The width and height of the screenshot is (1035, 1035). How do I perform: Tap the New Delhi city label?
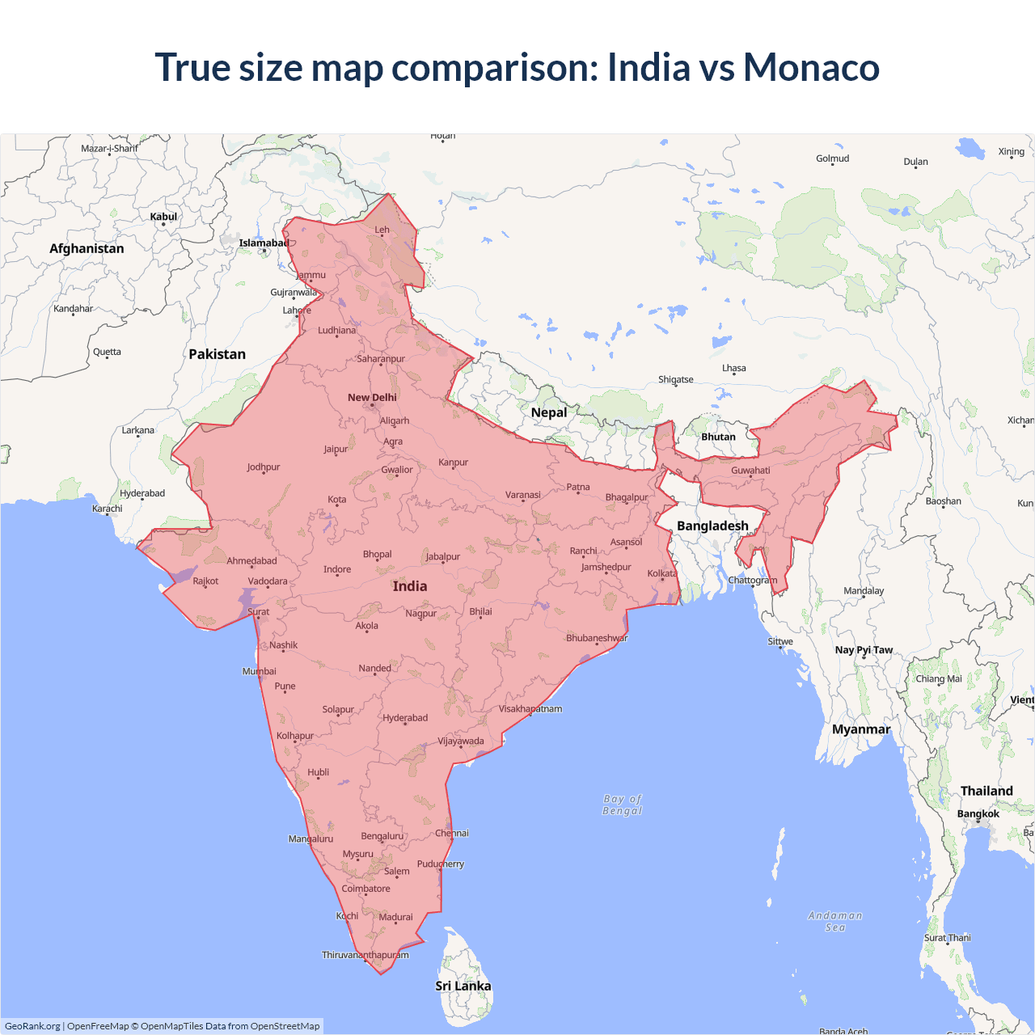tap(372, 397)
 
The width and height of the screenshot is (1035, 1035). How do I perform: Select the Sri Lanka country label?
tap(463, 986)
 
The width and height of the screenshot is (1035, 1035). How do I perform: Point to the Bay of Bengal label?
tap(622, 805)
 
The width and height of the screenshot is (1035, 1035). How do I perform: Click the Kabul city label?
tap(163, 217)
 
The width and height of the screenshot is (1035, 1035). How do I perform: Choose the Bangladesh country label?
tap(712, 526)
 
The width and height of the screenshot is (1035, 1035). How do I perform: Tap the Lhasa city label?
tap(734, 368)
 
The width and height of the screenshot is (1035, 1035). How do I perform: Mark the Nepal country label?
tap(549, 412)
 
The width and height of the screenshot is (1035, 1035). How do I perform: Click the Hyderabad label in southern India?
tap(405, 718)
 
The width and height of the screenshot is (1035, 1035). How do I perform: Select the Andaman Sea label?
tap(835, 921)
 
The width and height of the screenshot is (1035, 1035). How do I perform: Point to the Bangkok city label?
tap(978, 813)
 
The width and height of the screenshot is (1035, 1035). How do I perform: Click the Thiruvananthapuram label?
tap(365, 955)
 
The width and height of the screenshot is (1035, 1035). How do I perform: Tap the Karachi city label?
tap(108, 509)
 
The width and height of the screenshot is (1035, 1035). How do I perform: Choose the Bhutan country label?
tap(718, 437)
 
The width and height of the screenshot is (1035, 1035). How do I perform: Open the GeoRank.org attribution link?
tap(32, 1026)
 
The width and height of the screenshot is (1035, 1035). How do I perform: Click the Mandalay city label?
tap(864, 590)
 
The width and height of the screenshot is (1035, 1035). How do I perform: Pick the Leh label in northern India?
tap(382, 230)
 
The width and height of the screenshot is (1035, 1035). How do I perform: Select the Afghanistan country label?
tap(87, 248)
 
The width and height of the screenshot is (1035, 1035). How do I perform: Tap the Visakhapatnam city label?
tap(530, 709)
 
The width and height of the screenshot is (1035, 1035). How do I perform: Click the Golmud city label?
tap(832, 158)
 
